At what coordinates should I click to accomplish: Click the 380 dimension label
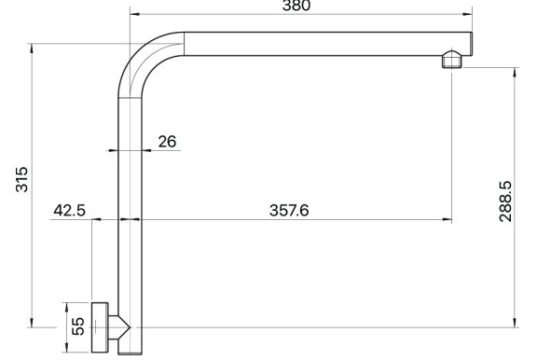(x=296, y=6)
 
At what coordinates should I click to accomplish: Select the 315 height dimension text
(x=22, y=179)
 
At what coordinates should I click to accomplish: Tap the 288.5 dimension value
(x=505, y=201)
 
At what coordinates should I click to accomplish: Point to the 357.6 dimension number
(x=289, y=211)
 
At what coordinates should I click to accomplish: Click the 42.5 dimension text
(x=70, y=210)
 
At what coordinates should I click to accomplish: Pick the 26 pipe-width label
(x=167, y=142)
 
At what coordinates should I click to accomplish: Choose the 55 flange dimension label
(x=78, y=326)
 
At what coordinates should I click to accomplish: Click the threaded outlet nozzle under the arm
(x=451, y=60)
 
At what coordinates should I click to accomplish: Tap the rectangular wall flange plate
(x=100, y=327)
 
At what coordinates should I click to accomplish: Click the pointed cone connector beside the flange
(x=119, y=327)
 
